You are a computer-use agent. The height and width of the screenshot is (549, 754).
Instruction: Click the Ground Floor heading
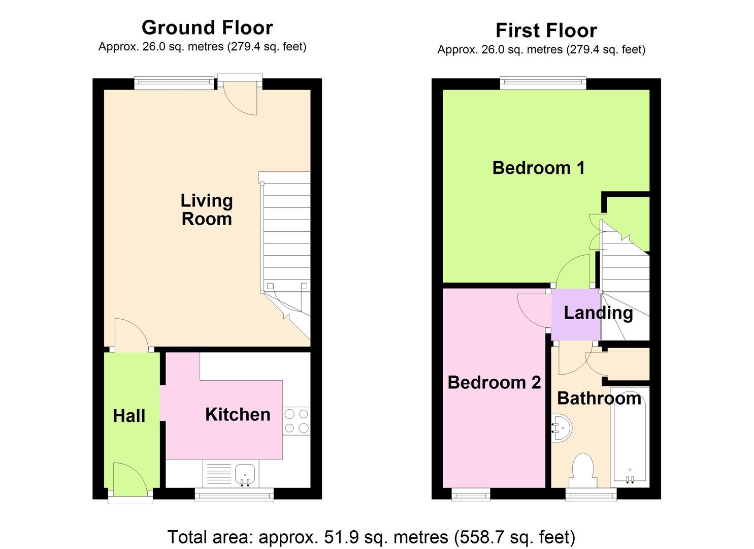[x=207, y=27]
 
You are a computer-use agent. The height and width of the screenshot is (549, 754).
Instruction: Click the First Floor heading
[x=546, y=30]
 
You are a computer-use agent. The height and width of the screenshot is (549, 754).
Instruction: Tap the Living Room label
[x=207, y=209]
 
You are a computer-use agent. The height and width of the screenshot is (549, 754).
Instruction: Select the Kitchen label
[x=238, y=414]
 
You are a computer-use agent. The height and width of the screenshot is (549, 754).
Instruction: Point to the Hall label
[x=129, y=416]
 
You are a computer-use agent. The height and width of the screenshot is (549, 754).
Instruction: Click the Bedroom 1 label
[x=538, y=168]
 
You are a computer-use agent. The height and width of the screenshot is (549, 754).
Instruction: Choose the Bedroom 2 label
[x=494, y=382]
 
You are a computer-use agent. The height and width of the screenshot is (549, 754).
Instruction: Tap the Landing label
[x=598, y=313]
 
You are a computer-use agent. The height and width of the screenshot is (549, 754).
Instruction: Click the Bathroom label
[x=599, y=398]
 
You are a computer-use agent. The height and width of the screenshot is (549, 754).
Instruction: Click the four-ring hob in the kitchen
[x=297, y=421]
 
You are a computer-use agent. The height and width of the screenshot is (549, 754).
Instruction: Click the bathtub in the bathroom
[x=630, y=437]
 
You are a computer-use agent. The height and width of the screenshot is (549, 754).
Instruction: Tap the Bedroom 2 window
[x=471, y=493]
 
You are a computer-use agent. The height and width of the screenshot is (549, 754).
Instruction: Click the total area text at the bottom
[x=371, y=537]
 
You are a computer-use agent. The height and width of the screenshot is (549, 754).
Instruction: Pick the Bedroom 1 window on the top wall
[x=543, y=83]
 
